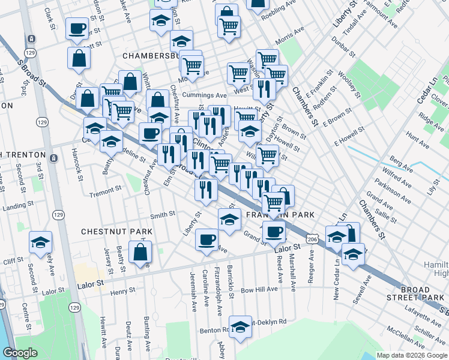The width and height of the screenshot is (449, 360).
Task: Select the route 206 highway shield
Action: point(312,239)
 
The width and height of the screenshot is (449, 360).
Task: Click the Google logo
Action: point(20,353)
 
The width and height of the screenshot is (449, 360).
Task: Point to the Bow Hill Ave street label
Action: point(259,289)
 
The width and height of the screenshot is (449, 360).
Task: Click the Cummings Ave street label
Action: point(205,95)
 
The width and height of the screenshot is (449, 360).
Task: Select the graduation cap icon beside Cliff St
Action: point(41,242)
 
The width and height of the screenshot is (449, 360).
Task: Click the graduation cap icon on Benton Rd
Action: point(241,327)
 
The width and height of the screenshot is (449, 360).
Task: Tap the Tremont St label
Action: point(105,194)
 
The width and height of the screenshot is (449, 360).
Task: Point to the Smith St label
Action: point(162,214)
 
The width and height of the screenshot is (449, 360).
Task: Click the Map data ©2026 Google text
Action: point(412,355)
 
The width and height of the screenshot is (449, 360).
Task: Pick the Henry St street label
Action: point(122,292)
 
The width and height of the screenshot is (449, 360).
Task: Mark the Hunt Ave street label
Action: point(418,142)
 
